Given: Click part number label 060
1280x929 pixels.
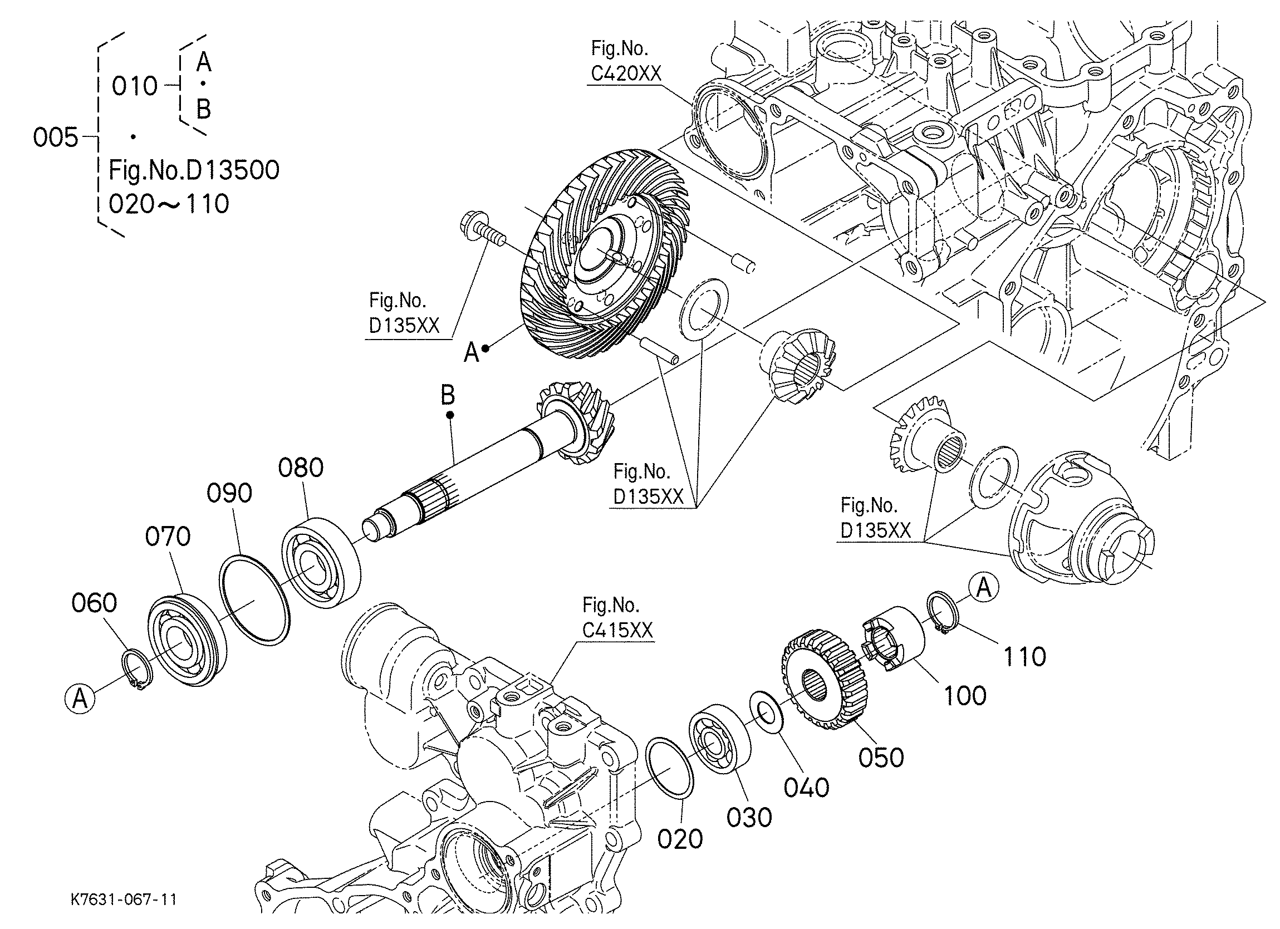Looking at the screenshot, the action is [x=94, y=603].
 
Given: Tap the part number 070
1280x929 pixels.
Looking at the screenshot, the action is [x=168, y=537].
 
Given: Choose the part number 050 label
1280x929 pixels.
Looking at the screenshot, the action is [x=881, y=758].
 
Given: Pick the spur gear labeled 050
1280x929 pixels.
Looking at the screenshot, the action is [x=823, y=685].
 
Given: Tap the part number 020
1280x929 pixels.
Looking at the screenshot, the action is [x=680, y=839].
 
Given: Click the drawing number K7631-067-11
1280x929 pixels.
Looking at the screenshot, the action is [x=124, y=899].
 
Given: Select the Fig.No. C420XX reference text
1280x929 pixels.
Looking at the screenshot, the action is [x=626, y=62].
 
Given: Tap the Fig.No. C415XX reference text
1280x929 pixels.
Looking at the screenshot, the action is [x=617, y=618].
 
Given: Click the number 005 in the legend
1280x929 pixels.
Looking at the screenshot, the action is [x=55, y=137].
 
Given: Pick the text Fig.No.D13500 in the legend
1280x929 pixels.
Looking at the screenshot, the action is [x=194, y=170].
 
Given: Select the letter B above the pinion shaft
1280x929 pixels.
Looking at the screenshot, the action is [x=448, y=395].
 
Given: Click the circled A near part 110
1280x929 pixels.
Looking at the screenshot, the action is [x=984, y=589].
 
